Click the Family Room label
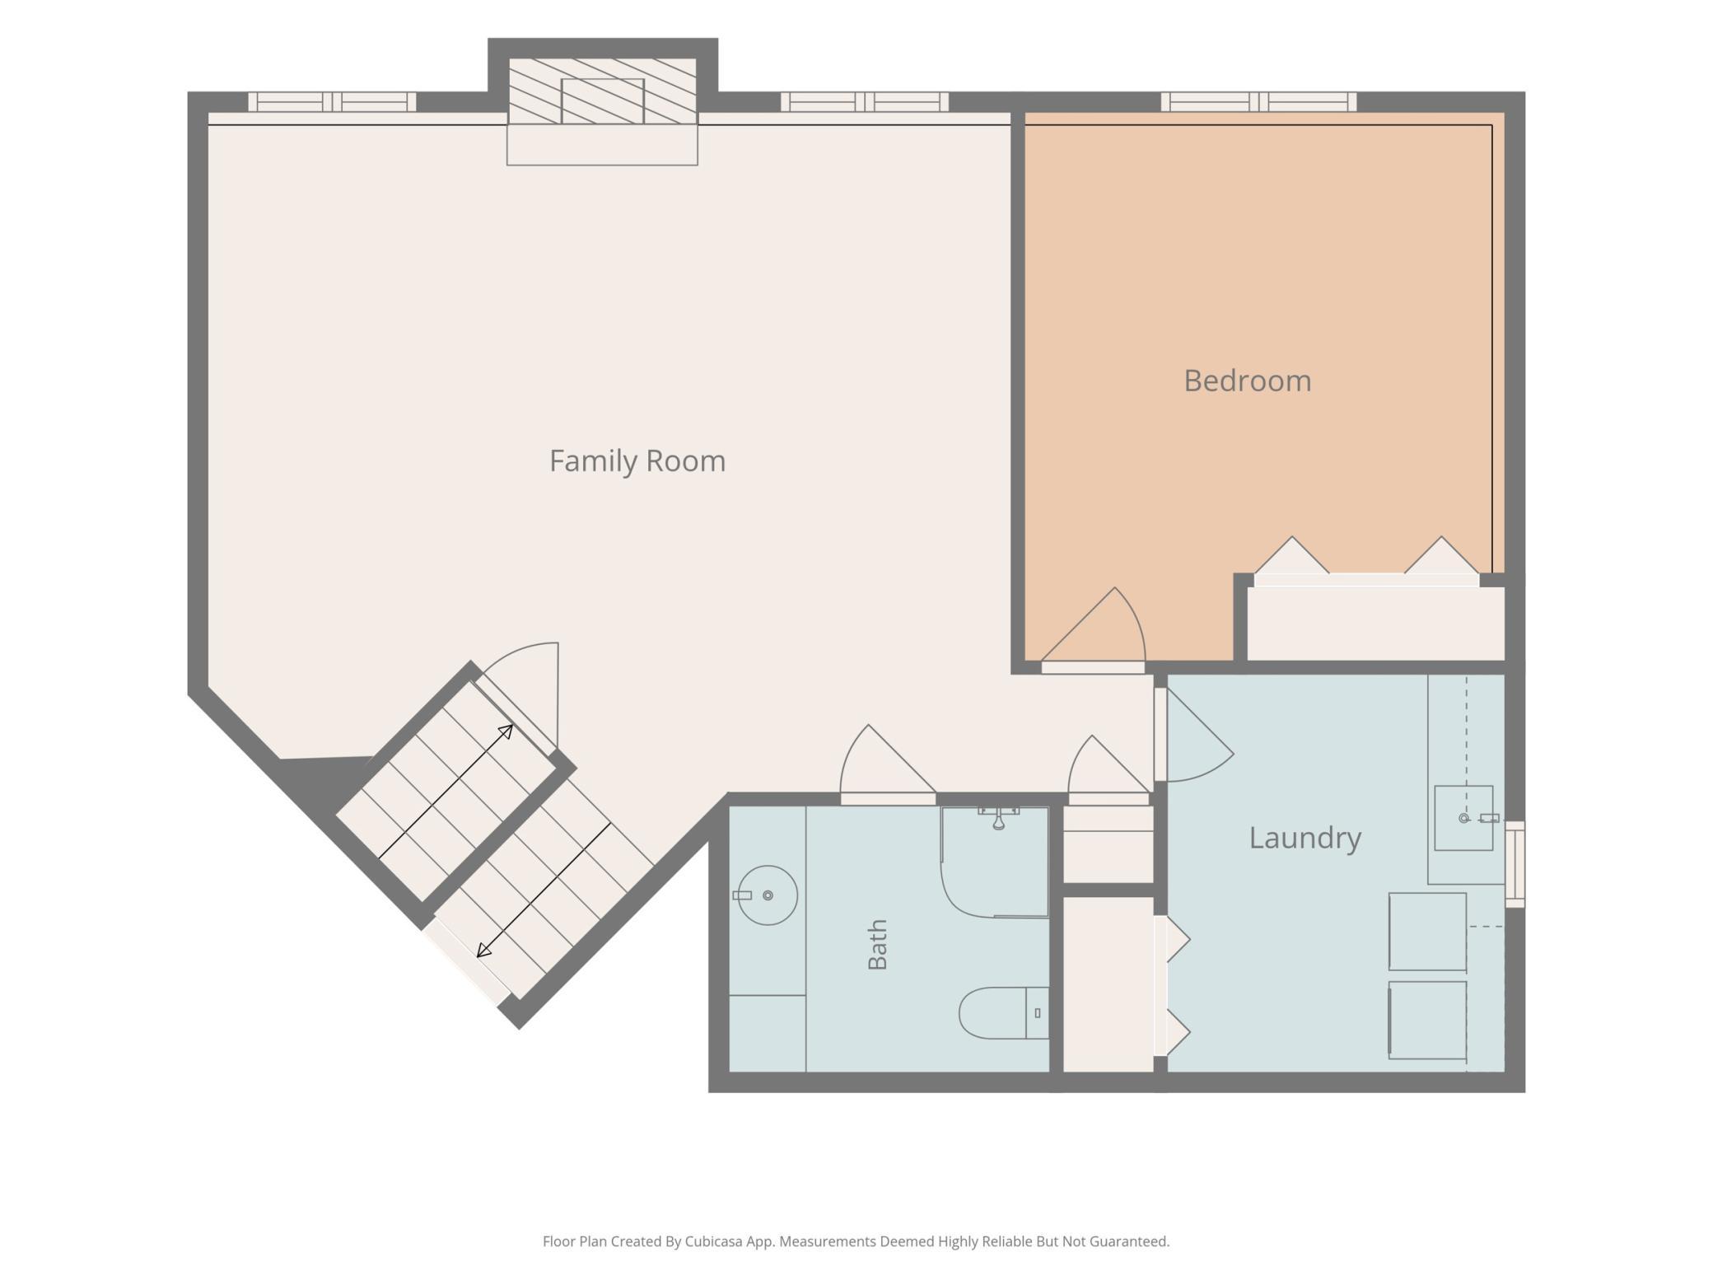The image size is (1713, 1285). click(x=637, y=460)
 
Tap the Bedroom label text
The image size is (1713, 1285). click(x=1247, y=381)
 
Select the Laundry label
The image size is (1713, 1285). click(x=1305, y=838)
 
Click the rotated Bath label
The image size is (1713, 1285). click(x=878, y=945)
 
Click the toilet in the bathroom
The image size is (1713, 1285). click(x=1004, y=1012)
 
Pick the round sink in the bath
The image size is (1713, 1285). click(x=767, y=895)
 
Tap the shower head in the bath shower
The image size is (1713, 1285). click(x=998, y=818)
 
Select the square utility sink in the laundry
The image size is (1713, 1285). click(x=1463, y=818)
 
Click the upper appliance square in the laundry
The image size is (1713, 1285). click(x=1427, y=932)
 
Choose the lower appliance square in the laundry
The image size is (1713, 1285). click(x=1427, y=1020)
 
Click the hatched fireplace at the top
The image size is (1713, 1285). click(x=602, y=91)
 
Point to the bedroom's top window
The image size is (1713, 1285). click(x=1258, y=102)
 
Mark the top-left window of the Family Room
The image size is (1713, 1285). click(x=332, y=102)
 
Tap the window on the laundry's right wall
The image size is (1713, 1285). click(x=1515, y=864)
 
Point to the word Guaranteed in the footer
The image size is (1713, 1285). click(x=1127, y=1241)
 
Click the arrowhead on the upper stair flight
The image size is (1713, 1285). click(x=506, y=731)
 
